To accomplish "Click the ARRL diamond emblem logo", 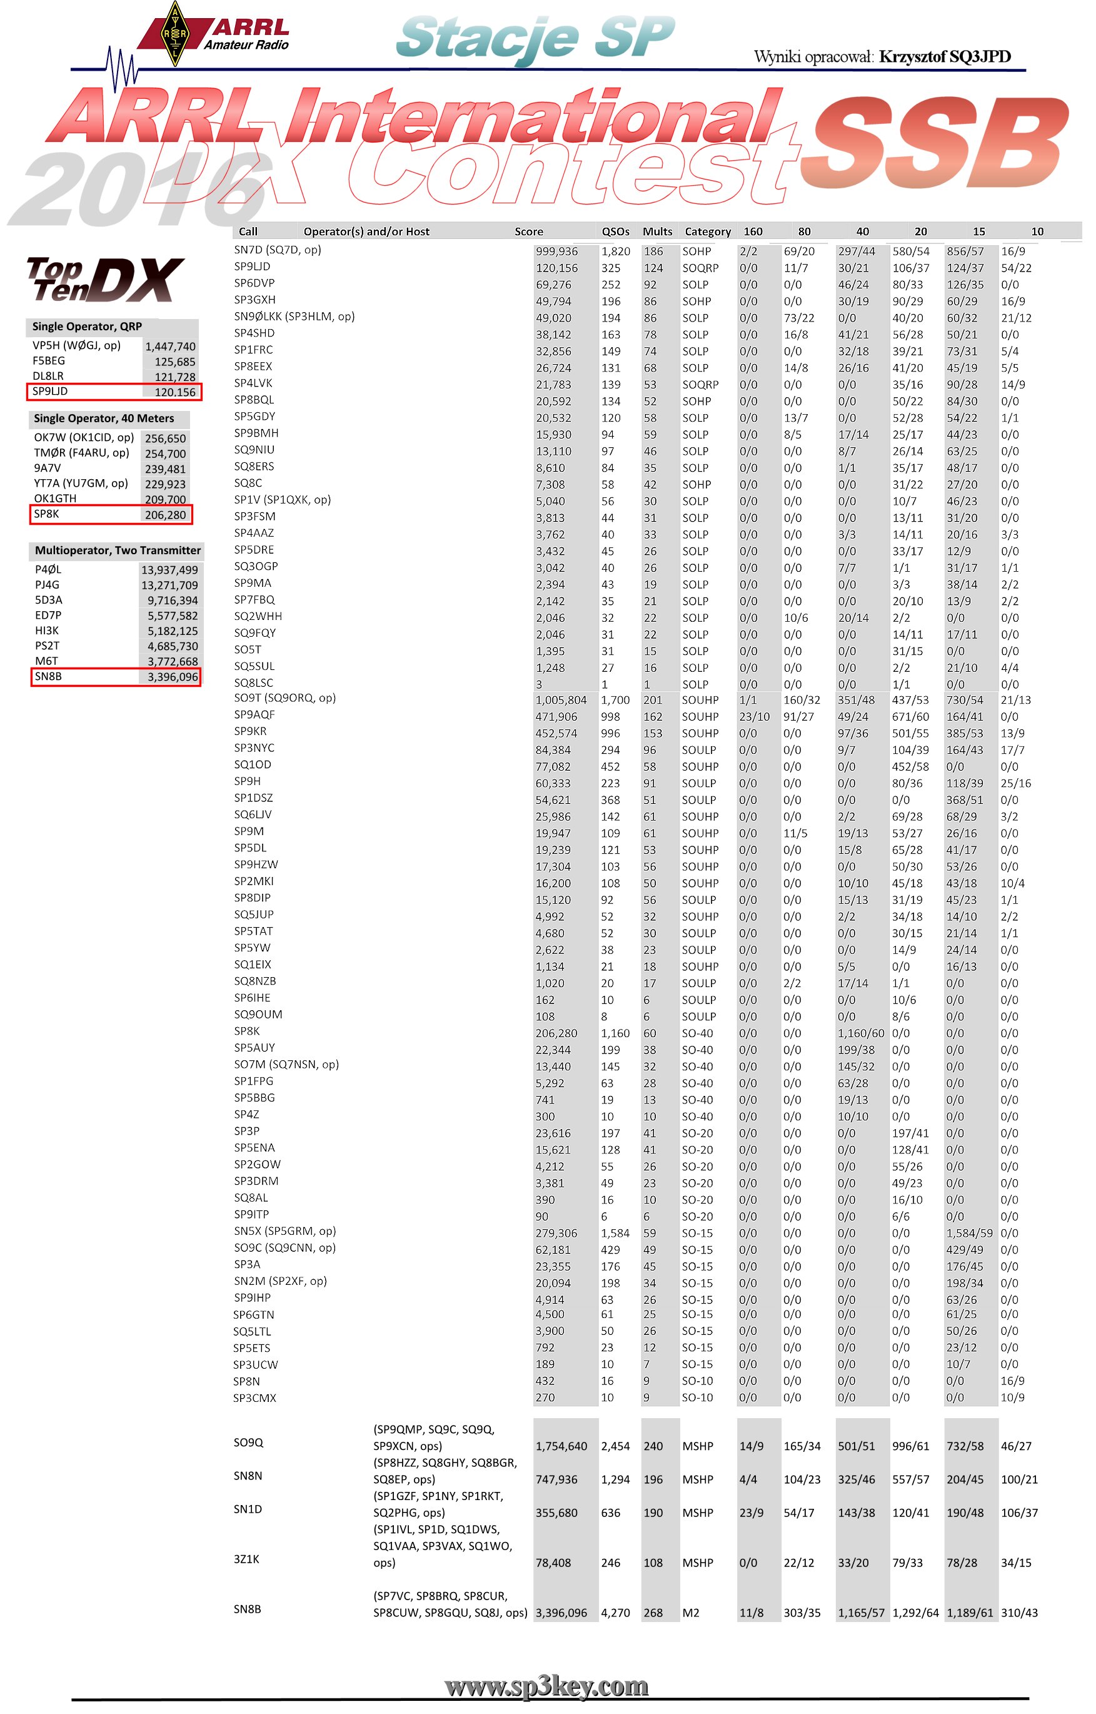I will coord(175,34).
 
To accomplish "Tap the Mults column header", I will coord(657,231).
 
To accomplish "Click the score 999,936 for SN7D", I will coord(556,251).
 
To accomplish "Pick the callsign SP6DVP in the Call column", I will coord(254,283).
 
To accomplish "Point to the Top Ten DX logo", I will coord(104,279).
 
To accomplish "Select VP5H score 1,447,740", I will coord(170,347).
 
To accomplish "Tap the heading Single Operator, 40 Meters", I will coord(104,418).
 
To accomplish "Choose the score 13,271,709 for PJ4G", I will coord(169,586).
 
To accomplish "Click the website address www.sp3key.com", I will coord(546,1686).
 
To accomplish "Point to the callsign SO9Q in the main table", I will coord(248,1442).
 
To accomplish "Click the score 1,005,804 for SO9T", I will coord(561,700).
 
